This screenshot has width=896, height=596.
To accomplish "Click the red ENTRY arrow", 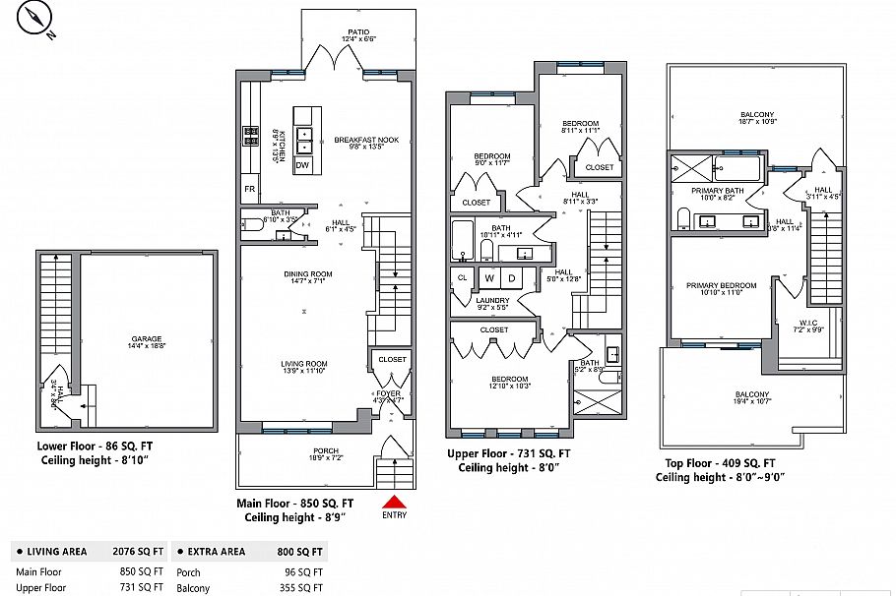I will [393, 503].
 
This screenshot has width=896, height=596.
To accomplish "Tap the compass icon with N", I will [37, 20].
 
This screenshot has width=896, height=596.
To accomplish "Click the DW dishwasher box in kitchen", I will [302, 164].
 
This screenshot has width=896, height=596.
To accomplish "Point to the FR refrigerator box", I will [249, 188].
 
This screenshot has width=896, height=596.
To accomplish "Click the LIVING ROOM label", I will [304, 364].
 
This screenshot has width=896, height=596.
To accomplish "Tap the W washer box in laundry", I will [488, 278].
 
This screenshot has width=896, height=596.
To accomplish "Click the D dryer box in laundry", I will [511, 278].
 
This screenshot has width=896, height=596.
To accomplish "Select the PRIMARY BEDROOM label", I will [721, 286].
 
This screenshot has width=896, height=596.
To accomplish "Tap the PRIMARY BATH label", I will [717, 191].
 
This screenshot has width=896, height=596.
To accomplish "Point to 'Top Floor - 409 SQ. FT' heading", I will [716, 463].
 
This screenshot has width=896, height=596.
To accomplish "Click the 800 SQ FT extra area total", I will [300, 553].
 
